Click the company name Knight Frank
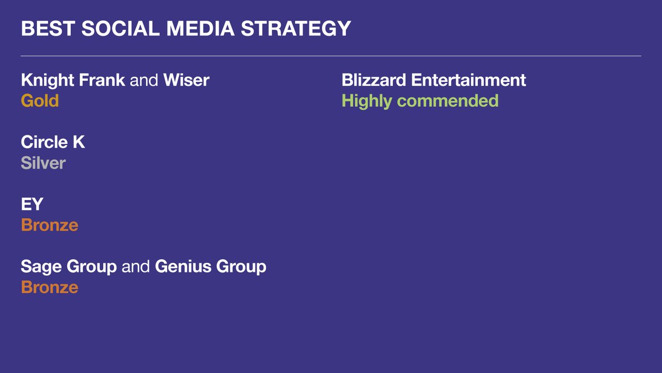coord(73,80)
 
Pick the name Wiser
coord(186,80)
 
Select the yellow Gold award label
coord(40,101)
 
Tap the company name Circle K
coord(53,143)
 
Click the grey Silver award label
coord(43,163)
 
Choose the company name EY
coord(32,204)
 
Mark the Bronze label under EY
coord(50,225)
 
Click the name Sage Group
coord(68,267)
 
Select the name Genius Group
coord(211,267)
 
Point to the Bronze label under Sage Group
coord(50,287)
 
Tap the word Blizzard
coord(374,80)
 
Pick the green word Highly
coord(367,101)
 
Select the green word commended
coord(448,101)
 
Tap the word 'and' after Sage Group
coord(136,267)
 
